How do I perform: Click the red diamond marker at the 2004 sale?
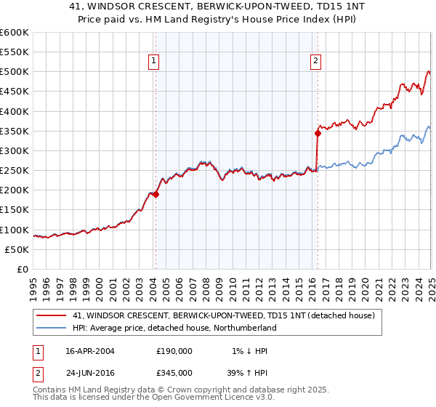tap(156, 194)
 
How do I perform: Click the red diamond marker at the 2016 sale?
tap(318, 133)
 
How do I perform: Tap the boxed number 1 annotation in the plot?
tap(155, 61)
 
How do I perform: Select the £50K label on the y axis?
tap(17, 249)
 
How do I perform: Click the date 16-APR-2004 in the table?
tap(90, 351)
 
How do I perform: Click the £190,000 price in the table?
tap(174, 351)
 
